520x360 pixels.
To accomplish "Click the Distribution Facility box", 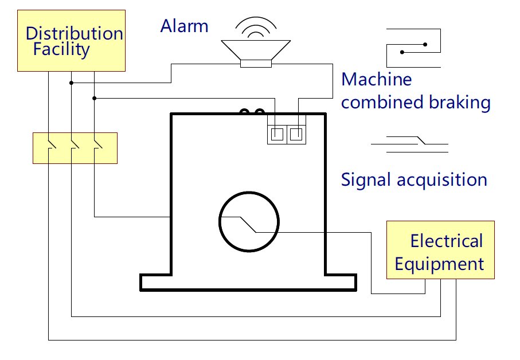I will tap(71, 40).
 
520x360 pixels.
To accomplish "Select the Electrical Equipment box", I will tap(440, 250).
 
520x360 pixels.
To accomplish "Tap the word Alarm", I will tap(184, 26).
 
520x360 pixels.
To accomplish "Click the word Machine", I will tap(376, 79).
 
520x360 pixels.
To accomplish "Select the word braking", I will tap(460, 103).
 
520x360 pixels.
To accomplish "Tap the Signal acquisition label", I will tap(413, 179).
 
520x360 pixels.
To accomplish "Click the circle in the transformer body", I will tap(249, 221).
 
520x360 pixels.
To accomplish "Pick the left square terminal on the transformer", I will tap(277, 135).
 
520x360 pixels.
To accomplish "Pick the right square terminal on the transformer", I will tap(296, 135).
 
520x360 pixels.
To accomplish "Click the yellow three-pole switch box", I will tap(75, 148).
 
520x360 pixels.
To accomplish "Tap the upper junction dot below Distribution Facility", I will tap(71, 83).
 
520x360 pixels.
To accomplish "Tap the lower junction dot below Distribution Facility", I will tap(94, 98).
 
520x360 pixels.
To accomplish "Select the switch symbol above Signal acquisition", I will tap(410, 143).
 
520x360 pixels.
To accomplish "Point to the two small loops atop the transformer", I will tap(252, 112).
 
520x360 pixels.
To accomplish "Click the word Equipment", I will tap(439, 264).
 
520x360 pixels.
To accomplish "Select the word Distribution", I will tap(74, 33).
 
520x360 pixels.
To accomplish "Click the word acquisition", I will tap(440, 179).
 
